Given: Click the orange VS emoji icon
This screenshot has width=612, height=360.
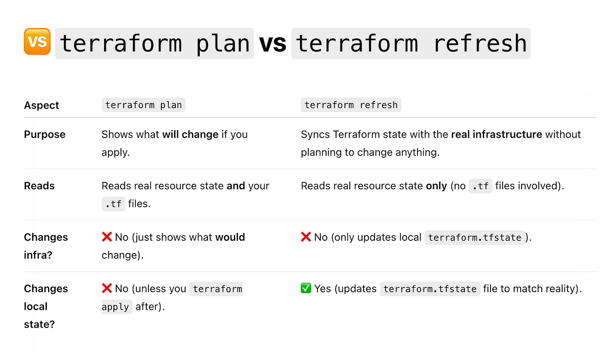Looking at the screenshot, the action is [37, 42].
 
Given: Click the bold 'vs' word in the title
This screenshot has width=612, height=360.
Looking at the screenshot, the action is [272, 43].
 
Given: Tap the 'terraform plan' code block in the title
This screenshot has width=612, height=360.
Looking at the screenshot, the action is [154, 43].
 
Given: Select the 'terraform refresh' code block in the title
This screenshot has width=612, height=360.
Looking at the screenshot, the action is [411, 43].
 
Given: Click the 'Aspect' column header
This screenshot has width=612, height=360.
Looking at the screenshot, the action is [42, 105].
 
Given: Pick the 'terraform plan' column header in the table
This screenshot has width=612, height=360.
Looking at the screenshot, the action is [143, 105].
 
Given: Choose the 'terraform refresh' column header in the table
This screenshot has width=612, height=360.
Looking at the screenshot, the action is [351, 105].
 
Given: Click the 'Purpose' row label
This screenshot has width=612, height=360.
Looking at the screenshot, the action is [45, 135].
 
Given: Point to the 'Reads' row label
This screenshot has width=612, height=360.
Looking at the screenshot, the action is [39, 186].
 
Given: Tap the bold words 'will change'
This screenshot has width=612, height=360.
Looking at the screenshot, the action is [190, 135].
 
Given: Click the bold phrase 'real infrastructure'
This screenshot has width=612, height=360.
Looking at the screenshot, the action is [497, 135].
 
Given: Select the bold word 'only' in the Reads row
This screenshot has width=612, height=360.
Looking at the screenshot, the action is [436, 186].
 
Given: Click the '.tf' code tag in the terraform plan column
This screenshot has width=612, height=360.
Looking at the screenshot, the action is [113, 204].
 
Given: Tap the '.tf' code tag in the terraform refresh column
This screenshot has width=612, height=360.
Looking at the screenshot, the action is [480, 186].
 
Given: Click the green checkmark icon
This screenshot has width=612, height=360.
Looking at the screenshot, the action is [306, 288].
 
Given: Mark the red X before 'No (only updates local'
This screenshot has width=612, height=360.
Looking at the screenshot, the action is [306, 237].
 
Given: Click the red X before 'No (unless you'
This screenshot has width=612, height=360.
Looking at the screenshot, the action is [107, 288].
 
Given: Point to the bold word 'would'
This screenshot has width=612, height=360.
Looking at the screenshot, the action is [230, 237].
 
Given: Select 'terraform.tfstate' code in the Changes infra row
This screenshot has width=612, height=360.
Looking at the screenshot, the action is [475, 237].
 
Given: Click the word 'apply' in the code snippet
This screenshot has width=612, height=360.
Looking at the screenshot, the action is [115, 307].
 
